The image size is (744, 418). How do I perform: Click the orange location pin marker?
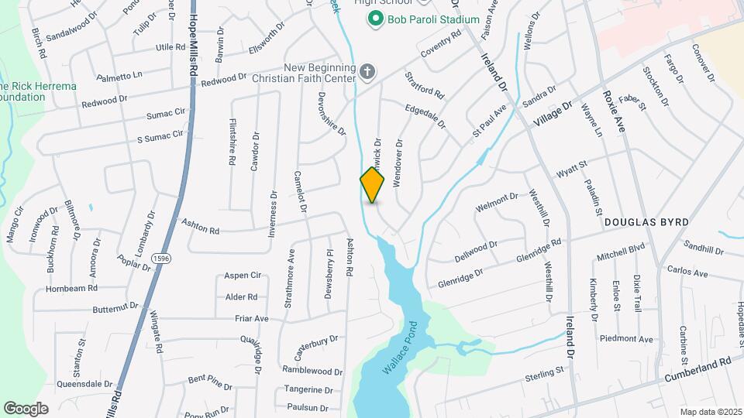tap(372, 184)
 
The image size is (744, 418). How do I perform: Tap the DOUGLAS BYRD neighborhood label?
tap(646, 222)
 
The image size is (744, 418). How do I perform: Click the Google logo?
tap(26, 408)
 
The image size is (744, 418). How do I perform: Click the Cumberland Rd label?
tap(697, 374)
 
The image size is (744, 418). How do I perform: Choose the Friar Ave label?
tap(252, 318)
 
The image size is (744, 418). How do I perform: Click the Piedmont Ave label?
tap(626, 339)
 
